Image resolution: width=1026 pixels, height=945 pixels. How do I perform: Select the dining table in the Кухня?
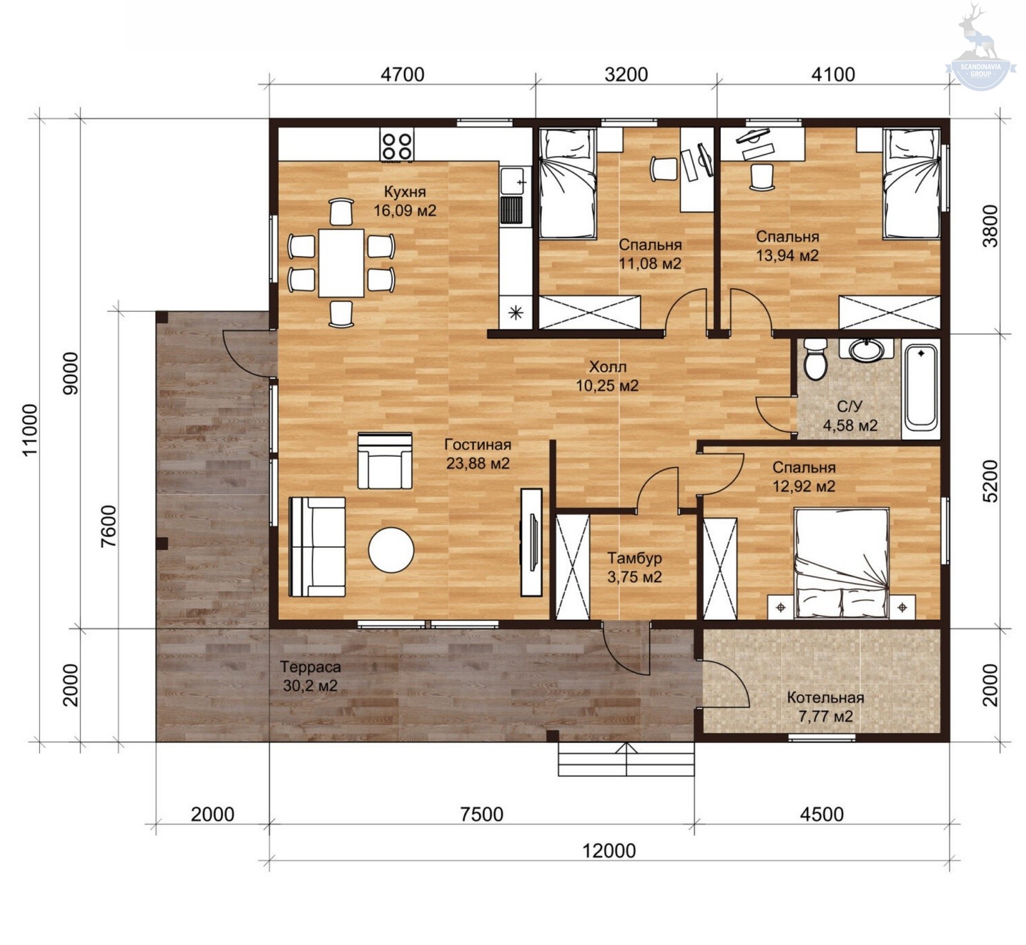click(x=341, y=262)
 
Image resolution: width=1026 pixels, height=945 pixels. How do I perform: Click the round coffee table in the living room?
click(x=391, y=550)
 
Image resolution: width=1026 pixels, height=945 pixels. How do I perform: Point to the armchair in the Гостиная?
click(x=385, y=461)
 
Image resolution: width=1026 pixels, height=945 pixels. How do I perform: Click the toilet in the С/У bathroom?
click(x=816, y=359)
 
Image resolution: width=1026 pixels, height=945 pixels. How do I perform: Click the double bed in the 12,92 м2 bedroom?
click(x=841, y=563)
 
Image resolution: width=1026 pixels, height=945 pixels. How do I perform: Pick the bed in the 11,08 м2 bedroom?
click(x=568, y=183)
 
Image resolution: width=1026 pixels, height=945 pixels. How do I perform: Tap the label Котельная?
click(x=825, y=697)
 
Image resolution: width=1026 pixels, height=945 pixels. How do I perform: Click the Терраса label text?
click(x=310, y=667)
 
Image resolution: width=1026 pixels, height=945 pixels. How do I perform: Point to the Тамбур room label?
click(x=635, y=558)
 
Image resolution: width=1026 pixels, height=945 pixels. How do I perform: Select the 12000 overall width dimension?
click(x=609, y=851)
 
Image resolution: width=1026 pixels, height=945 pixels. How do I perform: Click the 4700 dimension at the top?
click(x=403, y=74)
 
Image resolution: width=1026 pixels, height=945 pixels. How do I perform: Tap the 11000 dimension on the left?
click(x=30, y=430)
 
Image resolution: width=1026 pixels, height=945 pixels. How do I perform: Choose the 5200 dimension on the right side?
click(x=990, y=481)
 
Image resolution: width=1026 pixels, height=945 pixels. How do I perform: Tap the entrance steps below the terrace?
click(x=626, y=760)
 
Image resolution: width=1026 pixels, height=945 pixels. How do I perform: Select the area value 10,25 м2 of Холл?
click(x=607, y=386)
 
